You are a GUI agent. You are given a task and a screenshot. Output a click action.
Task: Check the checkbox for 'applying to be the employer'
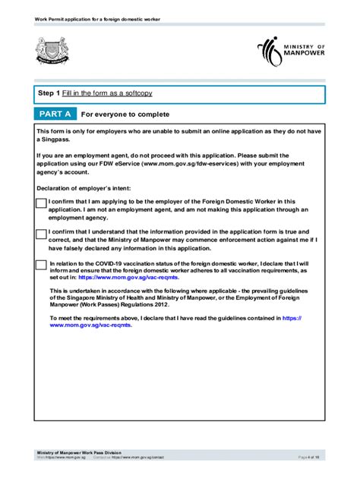pyautogui.click(x=41, y=203)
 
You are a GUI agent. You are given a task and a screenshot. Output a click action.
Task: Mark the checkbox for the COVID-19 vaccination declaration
pyautogui.click(x=41, y=264)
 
